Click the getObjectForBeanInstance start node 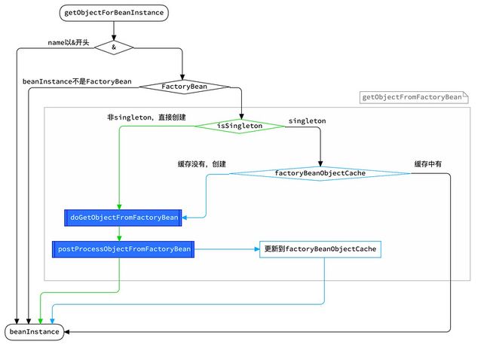[114, 13]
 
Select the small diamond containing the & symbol [114, 47]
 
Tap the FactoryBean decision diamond [185, 87]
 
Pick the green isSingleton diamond [240, 126]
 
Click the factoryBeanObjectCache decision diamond [320, 173]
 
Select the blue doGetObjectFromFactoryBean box [123, 218]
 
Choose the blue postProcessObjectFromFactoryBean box [123, 249]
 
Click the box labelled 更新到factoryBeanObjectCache [320, 249]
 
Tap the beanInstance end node [35, 332]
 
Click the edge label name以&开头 [69, 42]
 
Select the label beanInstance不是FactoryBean [77, 81]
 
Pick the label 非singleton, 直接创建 [146, 117]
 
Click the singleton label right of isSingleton [307, 121]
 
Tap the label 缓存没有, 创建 [202, 164]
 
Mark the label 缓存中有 [428, 164]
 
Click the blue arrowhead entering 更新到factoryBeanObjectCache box [257, 249]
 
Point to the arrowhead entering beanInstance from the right [66, 332]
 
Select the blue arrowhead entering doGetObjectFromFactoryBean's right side [185, 218]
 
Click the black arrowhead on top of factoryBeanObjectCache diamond [320, 164]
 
